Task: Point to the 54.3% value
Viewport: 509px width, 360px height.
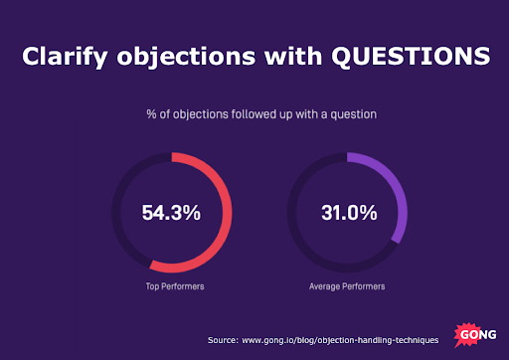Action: pos(171,212)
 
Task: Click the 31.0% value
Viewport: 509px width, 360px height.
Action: pos(348,212)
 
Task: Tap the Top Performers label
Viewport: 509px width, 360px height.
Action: pos(171,286)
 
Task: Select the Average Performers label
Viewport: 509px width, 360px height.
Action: pos(348,286)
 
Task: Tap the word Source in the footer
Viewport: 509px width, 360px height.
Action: pos(223,340)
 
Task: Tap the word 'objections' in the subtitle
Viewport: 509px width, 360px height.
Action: pos(189,114)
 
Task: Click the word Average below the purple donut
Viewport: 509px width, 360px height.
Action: pos(326,286)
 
